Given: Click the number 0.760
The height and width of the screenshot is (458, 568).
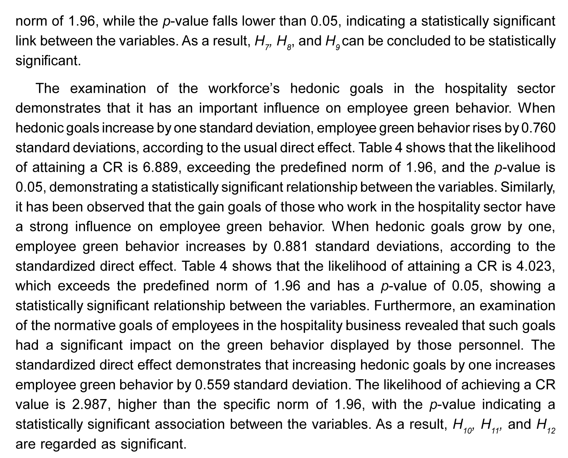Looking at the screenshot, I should click(x=538, y=128).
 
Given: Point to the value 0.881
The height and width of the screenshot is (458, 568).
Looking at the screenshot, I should click(x=291, y=247).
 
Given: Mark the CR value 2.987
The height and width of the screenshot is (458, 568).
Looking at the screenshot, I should click(x=91, y=404).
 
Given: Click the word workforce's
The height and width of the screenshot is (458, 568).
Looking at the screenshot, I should click(x=244, y=89).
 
